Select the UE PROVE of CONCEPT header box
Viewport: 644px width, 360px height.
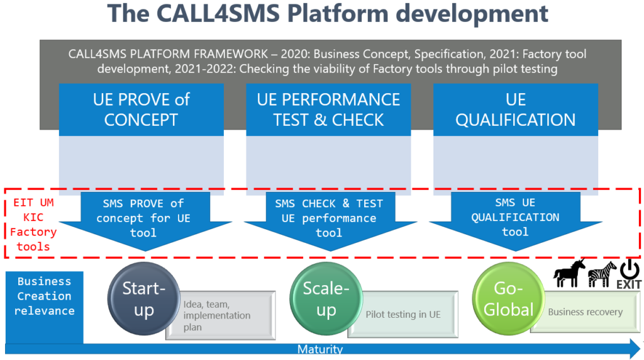click(141, 110)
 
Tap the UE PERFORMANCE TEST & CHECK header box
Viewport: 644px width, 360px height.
click(328, 110)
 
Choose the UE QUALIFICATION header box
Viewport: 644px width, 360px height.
click(515, 110)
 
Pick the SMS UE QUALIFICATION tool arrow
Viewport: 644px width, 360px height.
click(515, 217)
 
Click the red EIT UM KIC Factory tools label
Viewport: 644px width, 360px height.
click(33, 225)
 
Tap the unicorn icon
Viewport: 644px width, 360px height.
click(569, 275)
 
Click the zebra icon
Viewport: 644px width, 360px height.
click(602, 276)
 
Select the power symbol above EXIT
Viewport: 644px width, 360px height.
click(630, 270)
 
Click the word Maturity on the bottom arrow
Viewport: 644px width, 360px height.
click(320, 349)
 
